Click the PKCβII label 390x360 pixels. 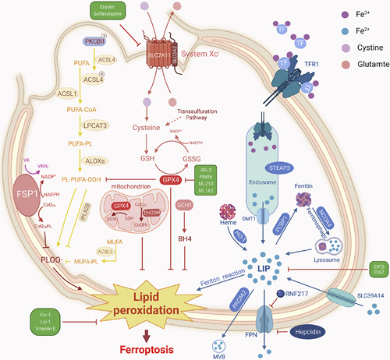[94, 39]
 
